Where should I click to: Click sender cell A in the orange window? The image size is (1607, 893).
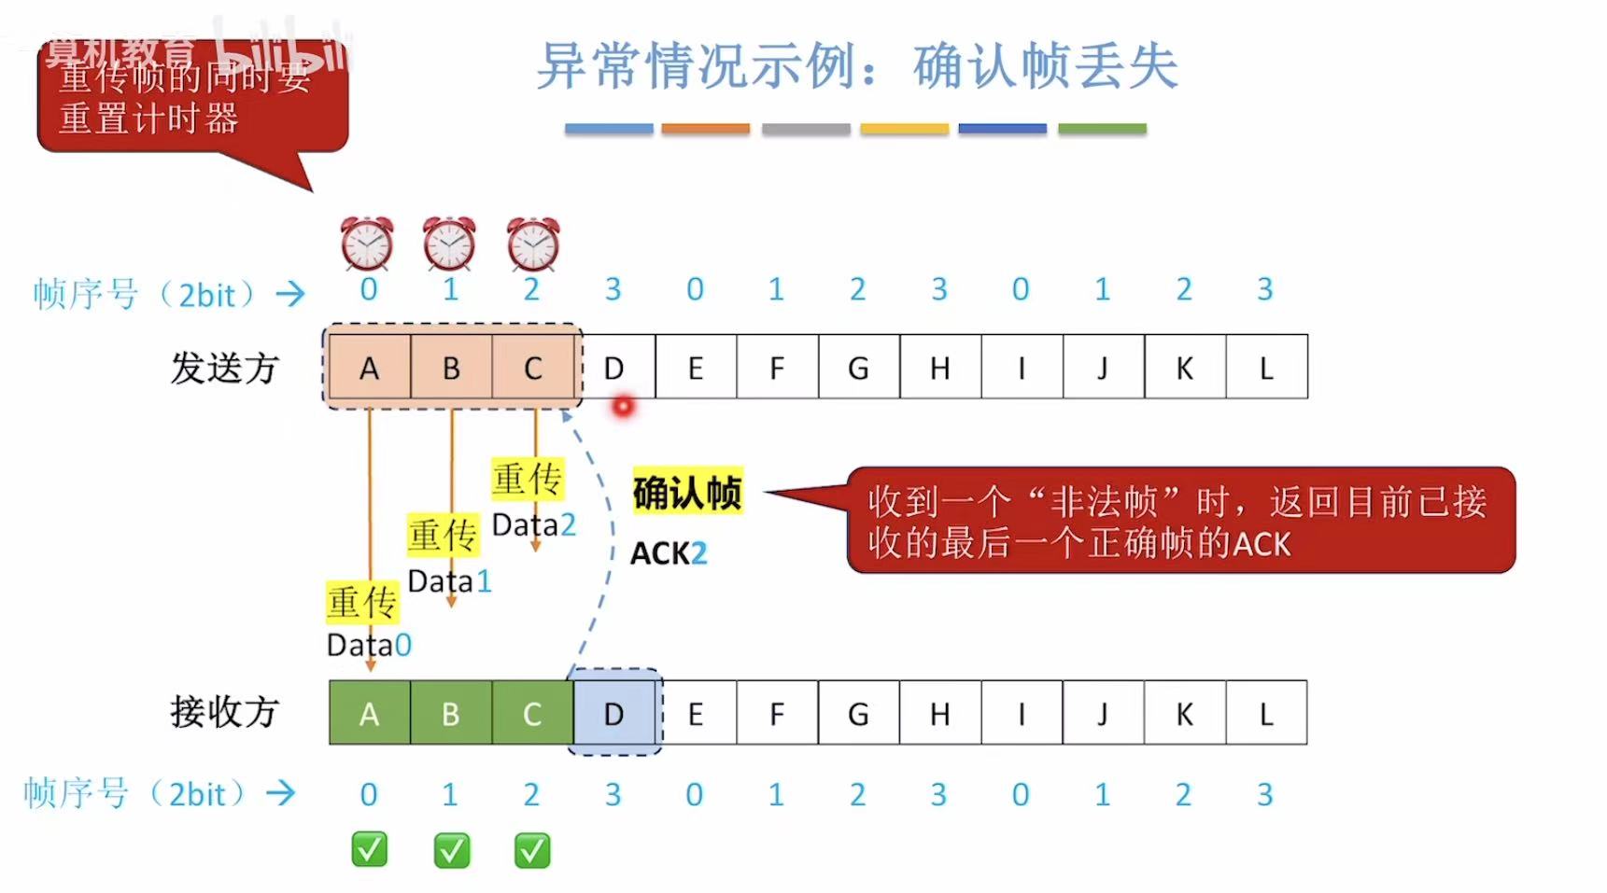click(370, 368)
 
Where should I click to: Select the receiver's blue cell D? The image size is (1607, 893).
click(613, 714)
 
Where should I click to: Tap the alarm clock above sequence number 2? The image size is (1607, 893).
click(533, 244)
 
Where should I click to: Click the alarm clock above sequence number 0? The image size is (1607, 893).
click(367, 244)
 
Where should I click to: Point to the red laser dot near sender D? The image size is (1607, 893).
click(623, 406)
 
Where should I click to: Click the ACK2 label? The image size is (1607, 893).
click(669, 553)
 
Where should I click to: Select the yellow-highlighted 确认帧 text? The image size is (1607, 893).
click(687, 492)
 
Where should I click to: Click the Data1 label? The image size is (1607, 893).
click(449, 581)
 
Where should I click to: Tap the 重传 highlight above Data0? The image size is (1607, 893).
click(362, 602)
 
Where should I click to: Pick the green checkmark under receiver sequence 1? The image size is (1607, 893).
click(452, 850)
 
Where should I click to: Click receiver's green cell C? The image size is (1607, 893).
click(532, 714)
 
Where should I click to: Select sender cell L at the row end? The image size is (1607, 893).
click(1266, 368)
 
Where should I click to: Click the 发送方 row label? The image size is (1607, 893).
click(224, 368)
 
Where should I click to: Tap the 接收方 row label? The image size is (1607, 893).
click(224, 712)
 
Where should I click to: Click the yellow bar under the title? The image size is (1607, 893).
click(904, 129)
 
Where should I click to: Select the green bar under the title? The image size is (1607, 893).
click(1102, 129)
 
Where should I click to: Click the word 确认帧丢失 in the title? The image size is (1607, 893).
click(1045, 67)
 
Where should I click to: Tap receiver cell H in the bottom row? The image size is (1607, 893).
click(939, 714)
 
